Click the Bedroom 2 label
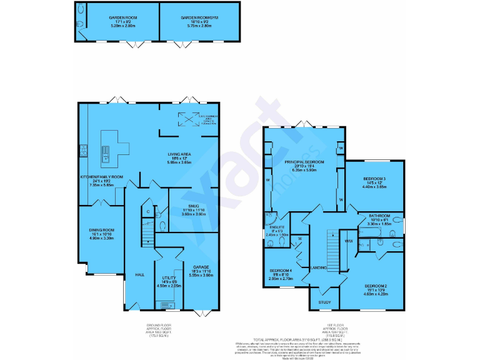coord(376,286)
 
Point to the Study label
coord(324,302)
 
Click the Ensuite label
coord(277,227)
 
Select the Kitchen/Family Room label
coord(102,177)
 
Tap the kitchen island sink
coord(106,150)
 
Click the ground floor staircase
coord(146,232)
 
